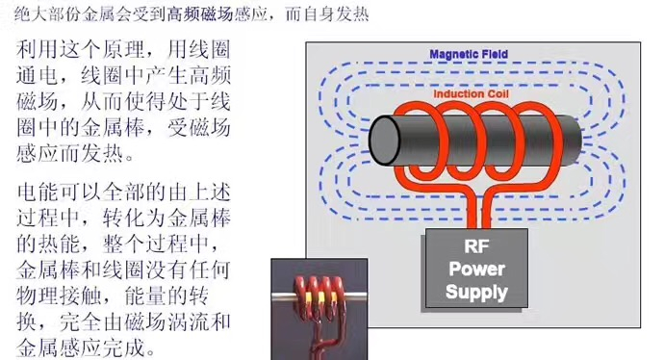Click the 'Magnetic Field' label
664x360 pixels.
pyautogui.click(x=469, y=55)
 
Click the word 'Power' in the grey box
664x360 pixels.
pyautogui.click(x=476, y=270)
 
